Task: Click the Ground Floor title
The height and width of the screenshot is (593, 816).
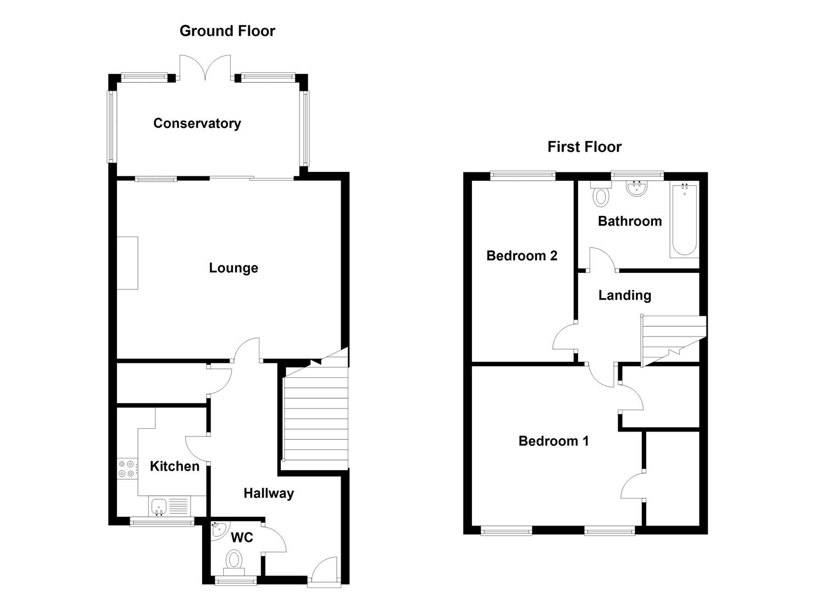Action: [x=227, y=31]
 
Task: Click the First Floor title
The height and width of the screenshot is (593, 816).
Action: [x=584, y=147]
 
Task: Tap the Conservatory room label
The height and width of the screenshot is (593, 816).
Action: [x=197, y=124]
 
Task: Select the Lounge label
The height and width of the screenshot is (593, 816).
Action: [x=234, y=268]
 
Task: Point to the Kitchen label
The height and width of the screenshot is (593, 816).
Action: [x=175, y=466]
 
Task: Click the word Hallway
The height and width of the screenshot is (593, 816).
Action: [x=269, y=493]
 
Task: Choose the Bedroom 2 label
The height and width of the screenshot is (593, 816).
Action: [x=521, y=255]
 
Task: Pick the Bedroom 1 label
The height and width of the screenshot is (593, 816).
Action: [x=553, y=441]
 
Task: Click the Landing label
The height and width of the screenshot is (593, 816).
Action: [x=625, y=295]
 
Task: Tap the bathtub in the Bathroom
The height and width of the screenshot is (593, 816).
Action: [x=684, y=221]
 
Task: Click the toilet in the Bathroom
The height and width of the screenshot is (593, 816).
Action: [x=600, y=195]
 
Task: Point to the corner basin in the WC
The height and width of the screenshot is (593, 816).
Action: [x=218, y=529]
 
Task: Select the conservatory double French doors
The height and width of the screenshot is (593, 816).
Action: [x=206, y=68]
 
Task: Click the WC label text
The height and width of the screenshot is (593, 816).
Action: [x=242, y=537]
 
